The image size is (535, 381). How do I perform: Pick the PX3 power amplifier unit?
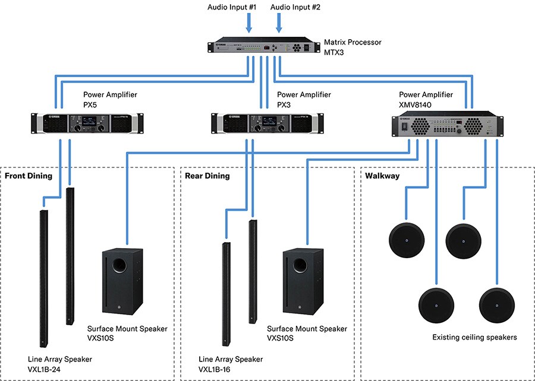click(268, 123)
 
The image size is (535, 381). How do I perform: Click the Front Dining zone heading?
click(29, 176)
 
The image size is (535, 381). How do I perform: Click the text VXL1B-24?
click(44, 369)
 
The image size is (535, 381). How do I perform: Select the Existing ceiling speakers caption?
click(474, 337)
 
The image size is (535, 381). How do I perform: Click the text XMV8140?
click(416, 103)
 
